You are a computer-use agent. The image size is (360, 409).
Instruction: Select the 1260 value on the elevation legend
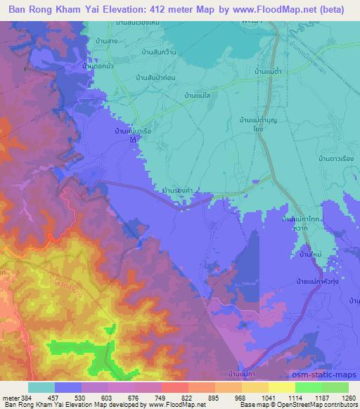click(349, 398)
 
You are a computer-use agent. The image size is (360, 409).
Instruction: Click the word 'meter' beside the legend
click(9, 398)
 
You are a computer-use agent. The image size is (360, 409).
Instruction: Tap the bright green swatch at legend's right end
click(335, 387)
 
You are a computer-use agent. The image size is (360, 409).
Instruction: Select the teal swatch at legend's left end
click(41, 387)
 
